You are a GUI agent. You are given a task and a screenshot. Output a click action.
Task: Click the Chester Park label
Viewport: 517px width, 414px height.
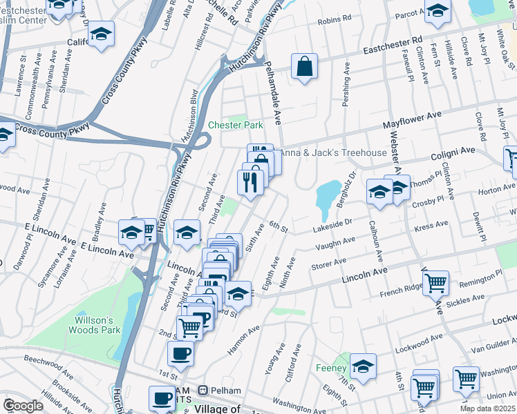pos(236,125)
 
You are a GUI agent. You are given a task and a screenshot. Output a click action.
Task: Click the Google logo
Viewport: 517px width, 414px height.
pos(23,406)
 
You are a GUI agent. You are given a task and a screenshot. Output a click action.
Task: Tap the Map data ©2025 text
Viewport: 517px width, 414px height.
pos(487,408)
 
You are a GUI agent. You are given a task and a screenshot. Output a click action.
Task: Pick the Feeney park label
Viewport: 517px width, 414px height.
pos(330,368)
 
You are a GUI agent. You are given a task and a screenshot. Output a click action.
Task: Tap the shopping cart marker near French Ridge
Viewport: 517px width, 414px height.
pos(435,281)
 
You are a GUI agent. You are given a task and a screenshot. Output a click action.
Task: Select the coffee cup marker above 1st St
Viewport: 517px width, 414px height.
pos(181,353)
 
